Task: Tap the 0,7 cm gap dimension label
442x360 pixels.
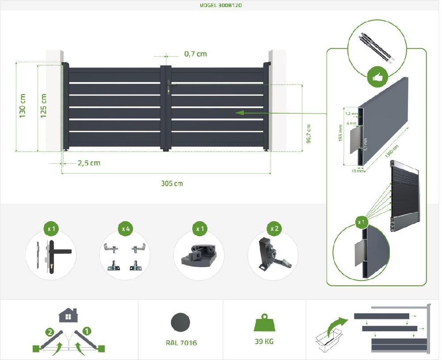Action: click(x=195, y=54)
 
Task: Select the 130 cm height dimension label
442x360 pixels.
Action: click(x=23, y=106)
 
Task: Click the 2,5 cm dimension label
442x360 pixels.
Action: click(x=89, y=163)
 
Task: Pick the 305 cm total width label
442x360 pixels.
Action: click(x=171, y=183)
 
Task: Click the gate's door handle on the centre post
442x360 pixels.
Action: click(x=168, y=87)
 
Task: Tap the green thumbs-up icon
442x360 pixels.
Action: click(x=377, y=78)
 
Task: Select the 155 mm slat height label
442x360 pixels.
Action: click(x=341, y=133)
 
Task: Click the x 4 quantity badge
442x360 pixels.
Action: click(x=126, y=229)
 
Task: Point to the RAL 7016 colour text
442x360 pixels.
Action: click(x=181, y=343)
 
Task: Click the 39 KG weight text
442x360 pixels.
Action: click(x=264, y=341)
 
